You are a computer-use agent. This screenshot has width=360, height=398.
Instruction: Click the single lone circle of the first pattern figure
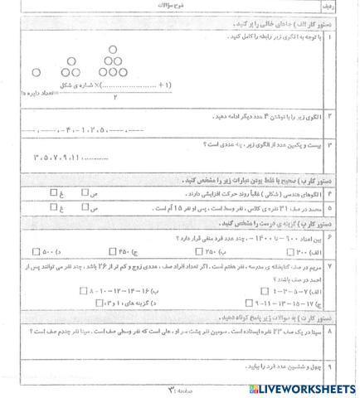[36, 73]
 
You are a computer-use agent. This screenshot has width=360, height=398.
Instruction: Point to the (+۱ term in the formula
[165, 85]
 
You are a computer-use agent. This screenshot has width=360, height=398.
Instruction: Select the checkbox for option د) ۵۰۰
[35, 251]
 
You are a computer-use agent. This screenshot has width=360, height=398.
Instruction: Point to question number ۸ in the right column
[351, 331]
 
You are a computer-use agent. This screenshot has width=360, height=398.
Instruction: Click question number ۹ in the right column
[351, 365]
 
